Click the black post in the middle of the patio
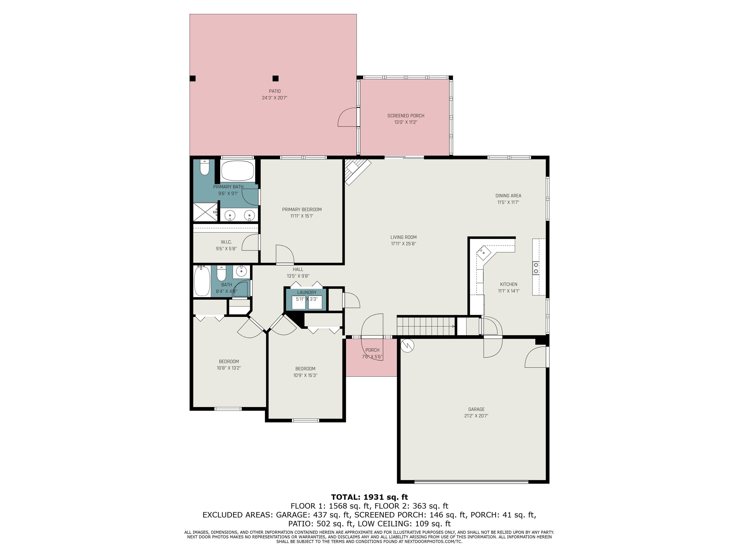click(275, 78)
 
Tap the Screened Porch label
click(406, 116)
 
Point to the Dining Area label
click(508, 196)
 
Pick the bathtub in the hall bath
click(202, 281)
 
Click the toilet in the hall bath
click(221, 273)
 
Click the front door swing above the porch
click(372, 325)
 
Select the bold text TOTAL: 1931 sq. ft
click(369, 497)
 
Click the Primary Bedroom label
click(302, 210)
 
